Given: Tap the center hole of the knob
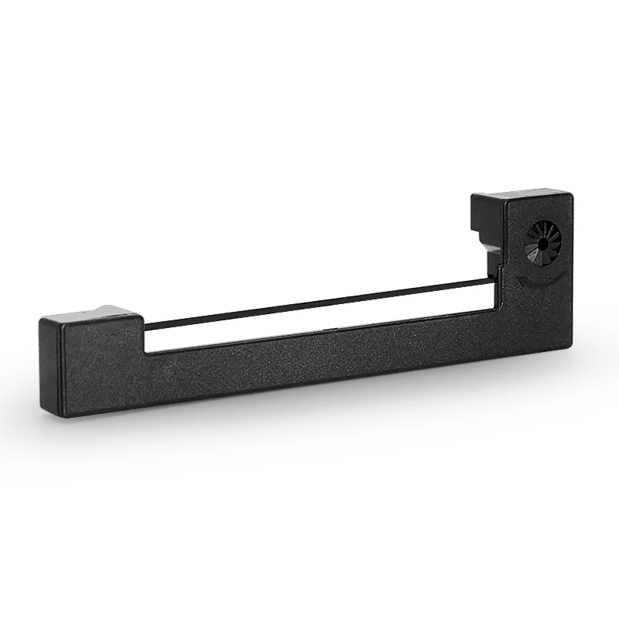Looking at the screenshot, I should pyautogui.click(x=544, y=243).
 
